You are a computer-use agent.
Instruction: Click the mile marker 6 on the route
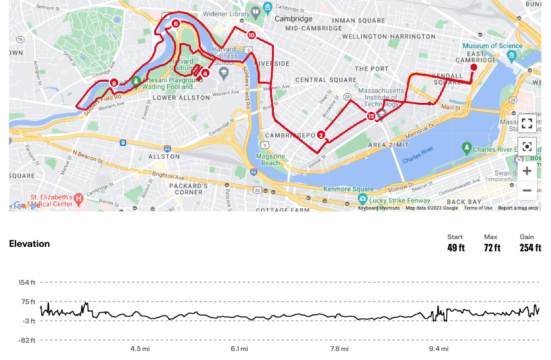point(176,24)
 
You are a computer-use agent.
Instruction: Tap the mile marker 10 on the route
point(251,35)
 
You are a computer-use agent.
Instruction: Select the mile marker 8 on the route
point(114,82)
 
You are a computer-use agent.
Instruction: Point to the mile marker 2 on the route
point(321,134)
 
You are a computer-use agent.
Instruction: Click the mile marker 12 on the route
point(371,116)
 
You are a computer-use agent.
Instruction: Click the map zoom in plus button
point(527,170)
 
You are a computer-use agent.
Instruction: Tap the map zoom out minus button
point(527,190)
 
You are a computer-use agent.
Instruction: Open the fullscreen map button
point(527,123)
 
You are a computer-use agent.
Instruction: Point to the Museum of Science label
point(493,46)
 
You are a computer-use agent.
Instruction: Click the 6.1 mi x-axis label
point(239,348)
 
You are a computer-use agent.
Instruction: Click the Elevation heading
point(29,244)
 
